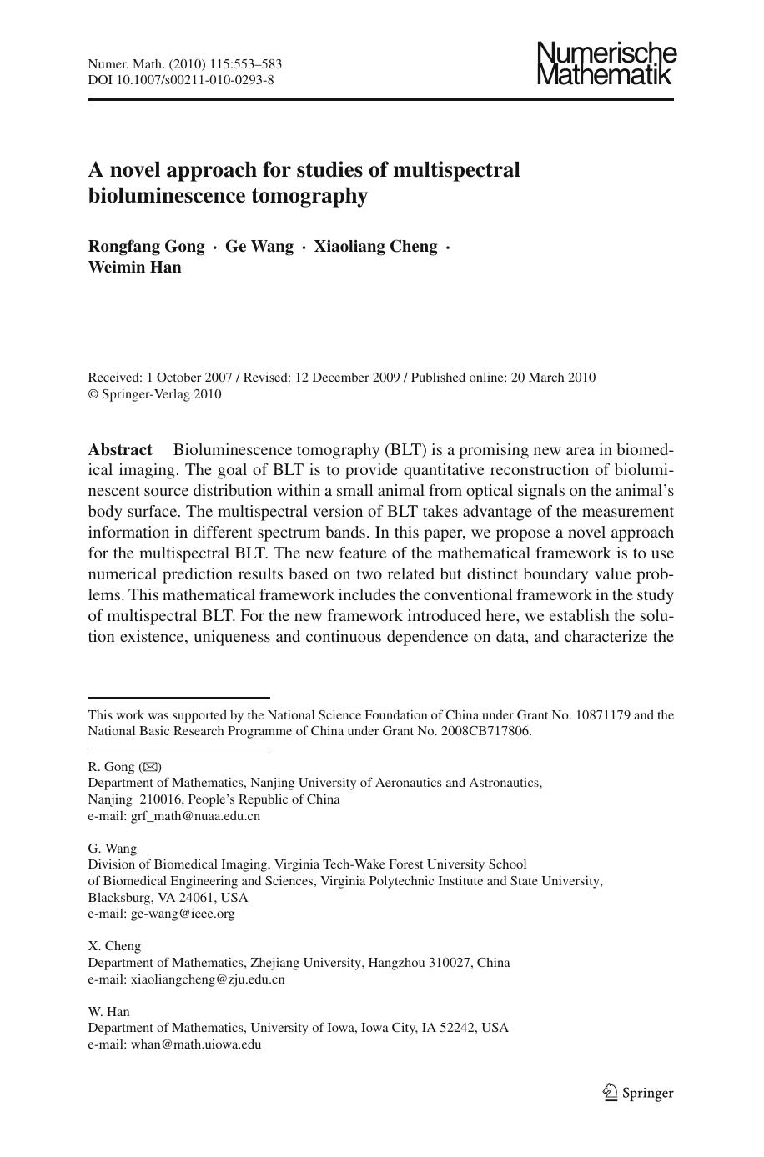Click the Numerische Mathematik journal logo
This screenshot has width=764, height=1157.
pos(606,64)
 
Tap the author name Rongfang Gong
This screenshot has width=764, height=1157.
pos(146,247)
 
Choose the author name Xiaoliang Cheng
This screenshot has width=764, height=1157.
pos(375,247)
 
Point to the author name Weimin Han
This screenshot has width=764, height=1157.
pos(134,268)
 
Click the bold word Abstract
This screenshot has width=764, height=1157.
pos(120,450)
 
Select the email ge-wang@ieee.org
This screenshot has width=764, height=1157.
pos(183,914)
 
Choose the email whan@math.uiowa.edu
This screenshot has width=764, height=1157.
pos(196,1044)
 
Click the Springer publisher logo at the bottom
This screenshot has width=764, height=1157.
pos(638,1093)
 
